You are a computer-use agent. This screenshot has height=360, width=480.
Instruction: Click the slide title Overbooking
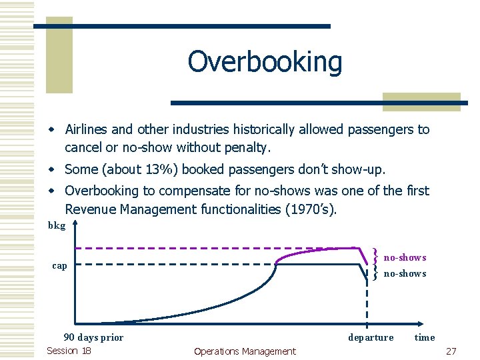point(265,62)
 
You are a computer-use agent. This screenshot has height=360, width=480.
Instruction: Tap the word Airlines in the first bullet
point(90,129)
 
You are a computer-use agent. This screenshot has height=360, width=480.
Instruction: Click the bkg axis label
point(57,226)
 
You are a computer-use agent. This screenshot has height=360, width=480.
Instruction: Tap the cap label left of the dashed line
point(59,266)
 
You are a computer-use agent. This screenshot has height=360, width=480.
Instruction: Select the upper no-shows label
point(405,257)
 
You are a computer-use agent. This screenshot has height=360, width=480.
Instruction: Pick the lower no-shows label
point(405,273)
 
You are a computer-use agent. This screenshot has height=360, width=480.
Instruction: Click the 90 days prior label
point(93,337)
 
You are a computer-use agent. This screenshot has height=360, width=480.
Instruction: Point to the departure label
point(371,337)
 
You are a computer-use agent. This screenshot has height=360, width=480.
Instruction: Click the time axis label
point(425,337)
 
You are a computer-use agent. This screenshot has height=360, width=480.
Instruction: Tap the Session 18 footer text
point(69,351)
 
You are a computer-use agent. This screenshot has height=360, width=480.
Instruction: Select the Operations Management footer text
point(245,351)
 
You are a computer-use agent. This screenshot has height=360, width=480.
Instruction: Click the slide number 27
point(451,351)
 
